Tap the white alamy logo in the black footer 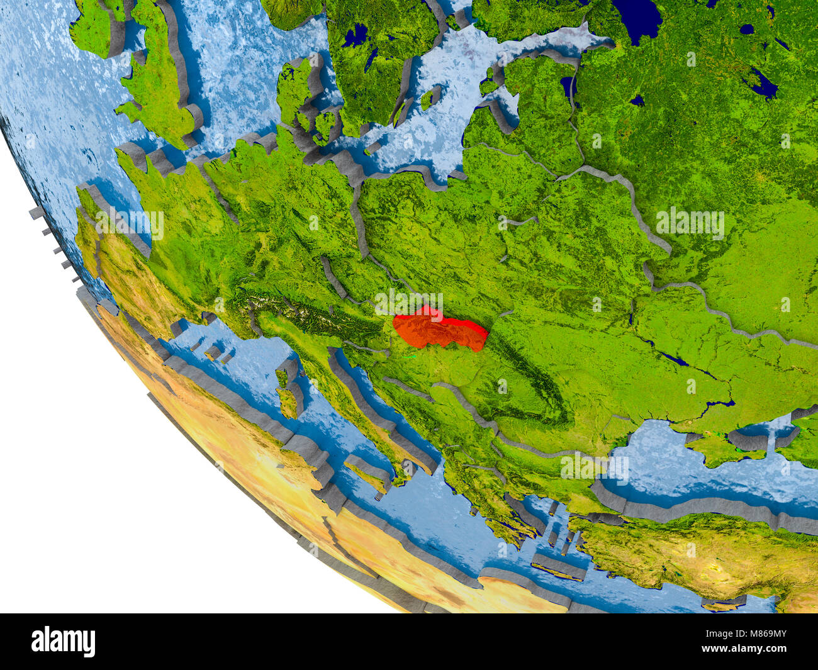click(63, 641)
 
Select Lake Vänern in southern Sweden click(356, 35)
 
